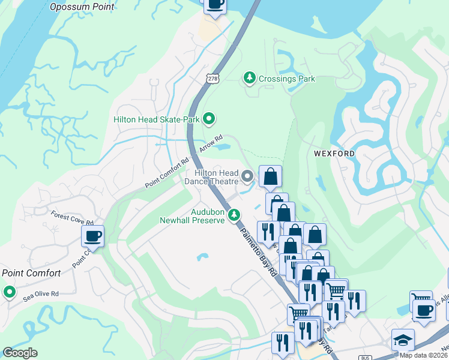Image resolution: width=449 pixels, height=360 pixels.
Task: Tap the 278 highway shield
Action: tap(211, 79)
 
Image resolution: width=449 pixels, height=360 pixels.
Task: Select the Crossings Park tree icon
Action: tap(249, 78)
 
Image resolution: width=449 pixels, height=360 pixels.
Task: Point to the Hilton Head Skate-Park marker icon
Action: tap(208, 119)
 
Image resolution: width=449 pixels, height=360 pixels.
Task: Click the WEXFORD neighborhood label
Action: tap(334, 154)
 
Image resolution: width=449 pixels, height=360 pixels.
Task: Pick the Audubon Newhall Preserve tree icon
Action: tap(235, 215)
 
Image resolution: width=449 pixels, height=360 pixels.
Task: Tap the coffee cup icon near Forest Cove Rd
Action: tap(92, 236)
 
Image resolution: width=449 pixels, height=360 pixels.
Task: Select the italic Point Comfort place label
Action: tap(31, 273)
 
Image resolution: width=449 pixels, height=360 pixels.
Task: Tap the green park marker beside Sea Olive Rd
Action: tap(9, 292)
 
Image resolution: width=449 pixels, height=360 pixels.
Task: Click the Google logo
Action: tap(20, 352)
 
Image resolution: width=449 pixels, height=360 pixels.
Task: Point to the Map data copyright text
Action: tap(423, 355)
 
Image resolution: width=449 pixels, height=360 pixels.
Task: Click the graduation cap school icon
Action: tap(403, 340)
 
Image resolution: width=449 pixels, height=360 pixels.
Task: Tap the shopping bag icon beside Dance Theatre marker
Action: tap(270, 176)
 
